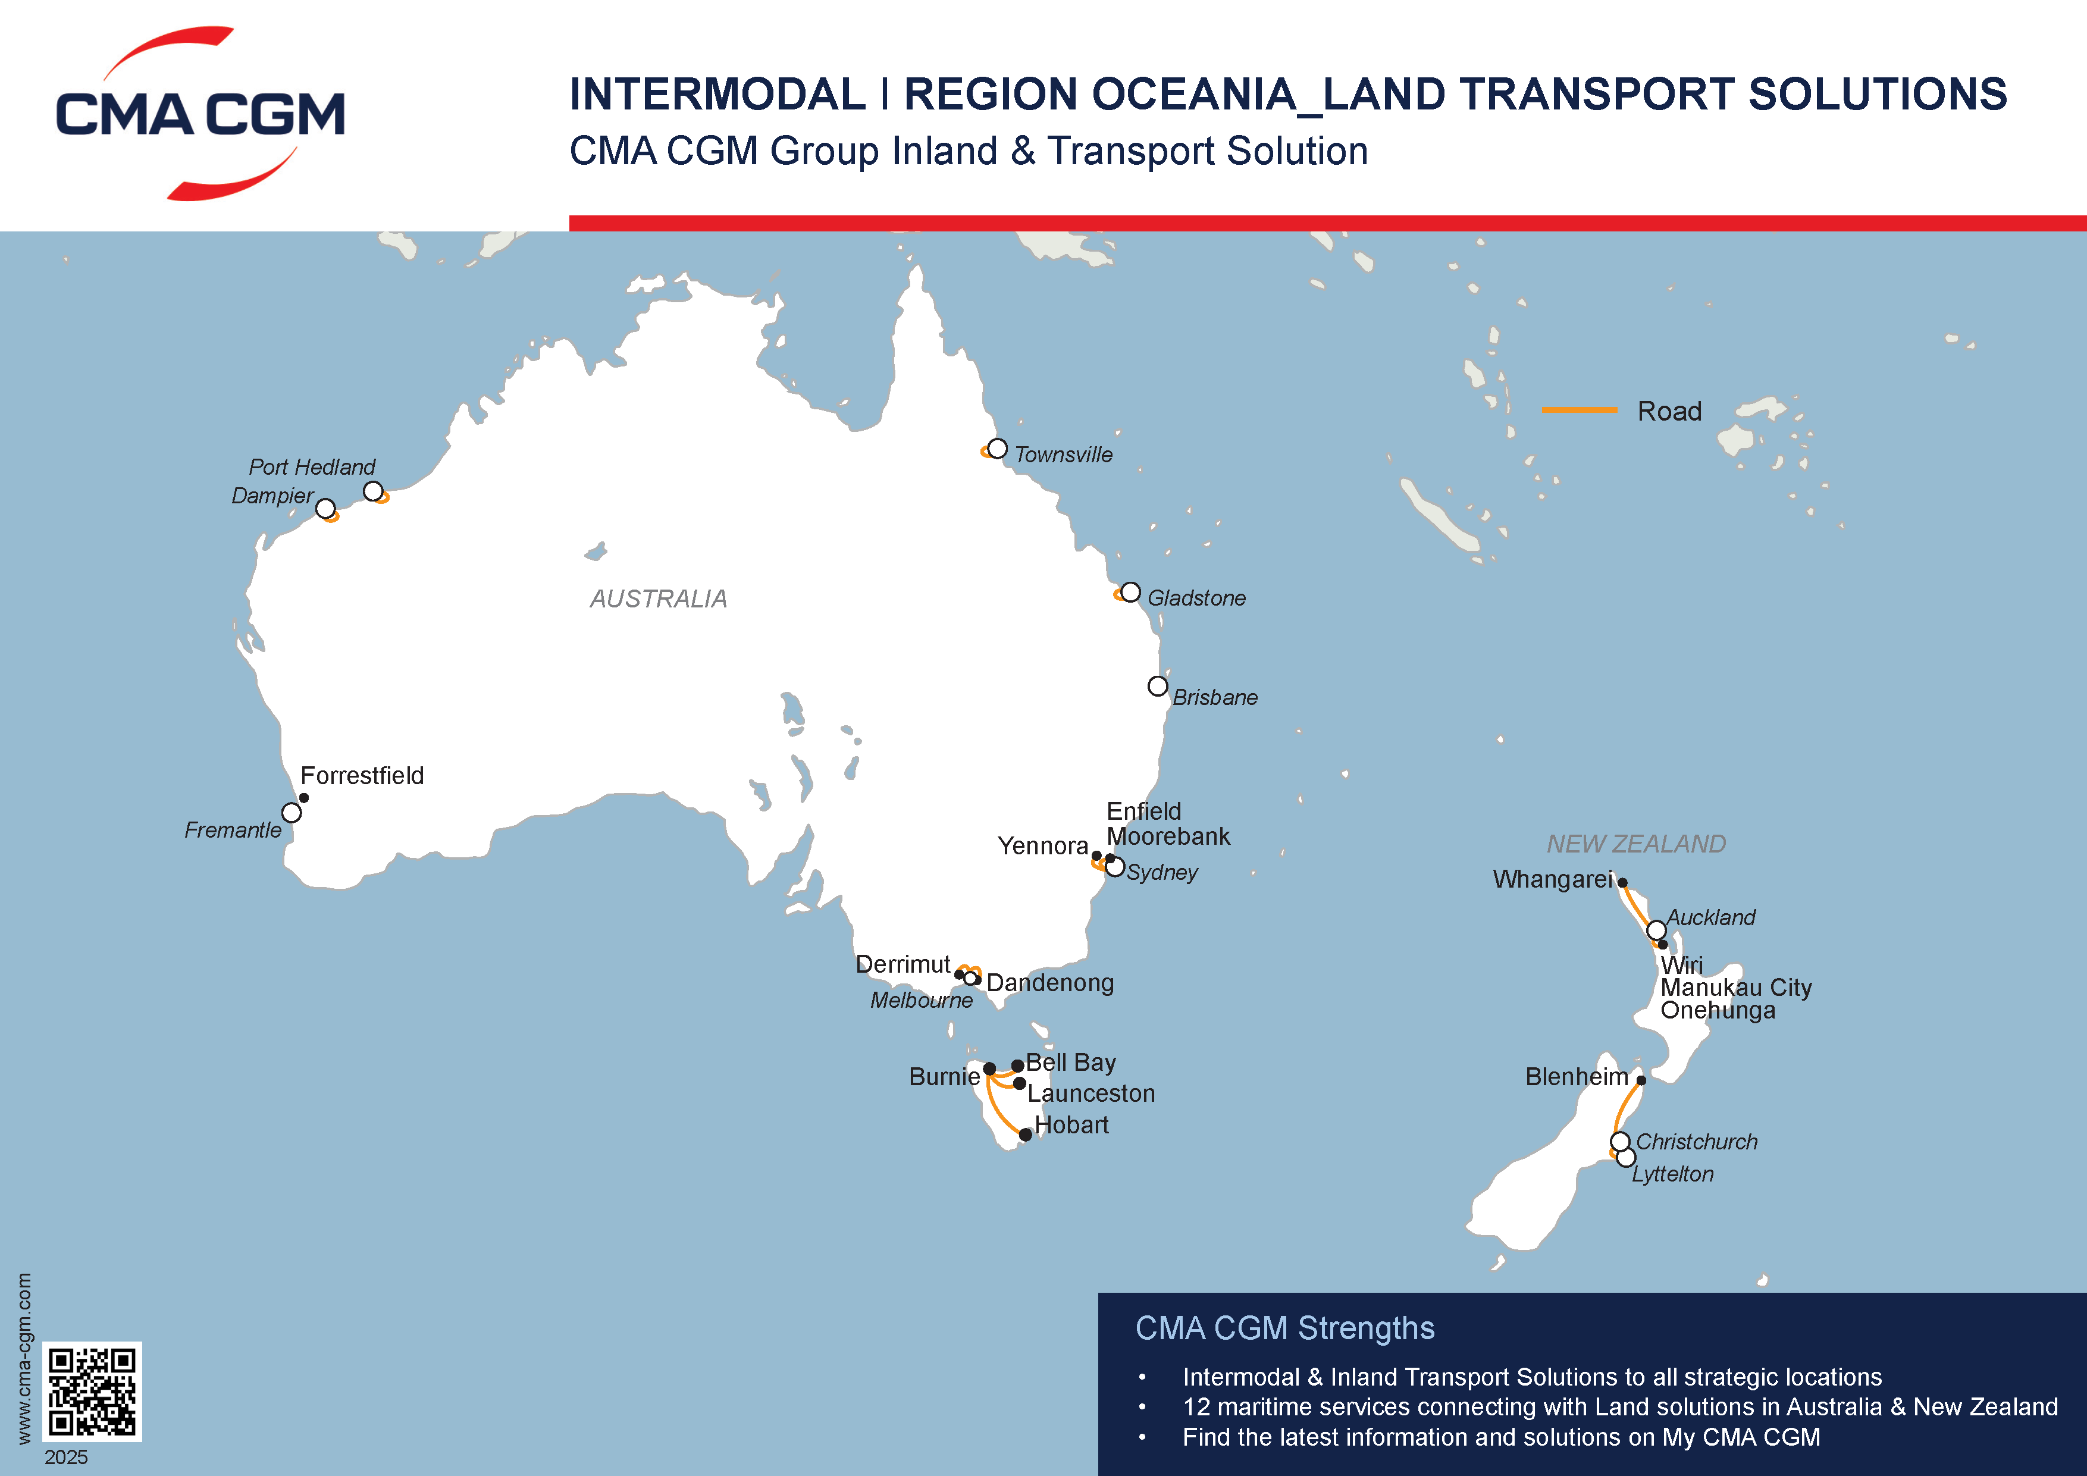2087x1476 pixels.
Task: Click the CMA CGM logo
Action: coord(200,114)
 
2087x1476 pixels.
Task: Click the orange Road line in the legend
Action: coord(1579,410)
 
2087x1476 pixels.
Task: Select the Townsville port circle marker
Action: coord(997,448)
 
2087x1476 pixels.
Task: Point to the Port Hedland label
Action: coord(312,467)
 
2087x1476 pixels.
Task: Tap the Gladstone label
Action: coord(1196,598)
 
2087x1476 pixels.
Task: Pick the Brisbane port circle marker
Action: coord(1157,686)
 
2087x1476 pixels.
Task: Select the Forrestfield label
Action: coord(362,775)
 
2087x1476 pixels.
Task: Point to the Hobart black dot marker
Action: coord(1025,1135)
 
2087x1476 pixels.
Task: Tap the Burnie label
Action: coord(944,1077)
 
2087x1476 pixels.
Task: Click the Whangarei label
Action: coord(1552,880)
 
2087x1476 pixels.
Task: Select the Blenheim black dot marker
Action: coord(1641,1080)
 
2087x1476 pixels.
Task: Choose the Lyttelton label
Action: coord(1672,1174)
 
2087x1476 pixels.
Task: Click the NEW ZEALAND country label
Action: coord(1636,844)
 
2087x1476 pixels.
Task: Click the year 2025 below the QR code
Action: coord(67,1457)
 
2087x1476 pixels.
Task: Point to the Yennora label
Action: coord(1042,846)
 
